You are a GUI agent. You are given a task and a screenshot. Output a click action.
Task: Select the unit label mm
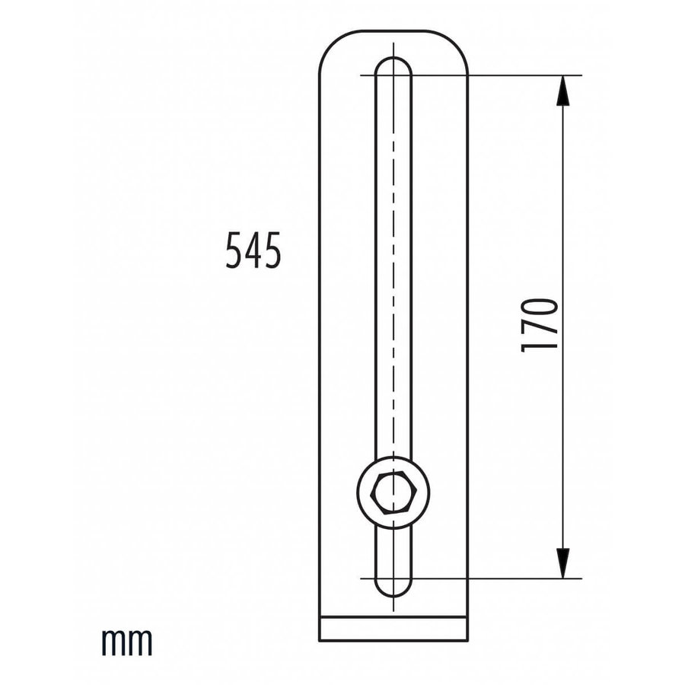coord(127,642)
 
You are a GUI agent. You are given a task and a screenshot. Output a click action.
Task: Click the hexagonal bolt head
coord(393,493)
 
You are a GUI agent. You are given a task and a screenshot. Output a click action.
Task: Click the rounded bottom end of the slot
coord(393,588)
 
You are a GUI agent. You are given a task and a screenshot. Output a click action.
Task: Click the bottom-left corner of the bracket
coord(318,641)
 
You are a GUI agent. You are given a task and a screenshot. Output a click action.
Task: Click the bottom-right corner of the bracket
coord(467,641)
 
